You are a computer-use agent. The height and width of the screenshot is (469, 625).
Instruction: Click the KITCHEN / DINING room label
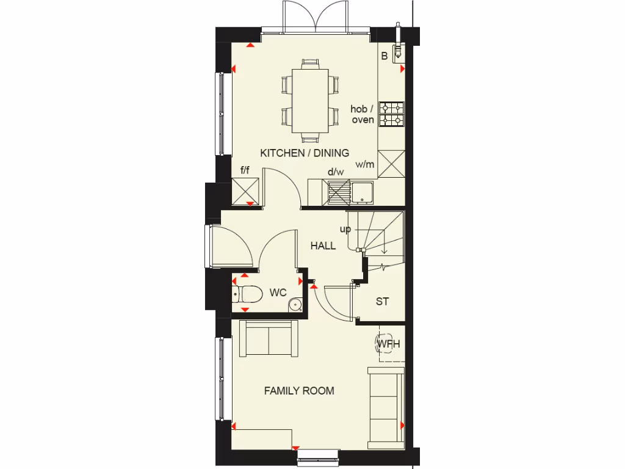[x=305, y=153]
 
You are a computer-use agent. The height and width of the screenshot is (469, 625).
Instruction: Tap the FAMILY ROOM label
[x=299, y=390]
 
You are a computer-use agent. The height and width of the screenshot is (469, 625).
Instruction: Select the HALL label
[x=323, y=245]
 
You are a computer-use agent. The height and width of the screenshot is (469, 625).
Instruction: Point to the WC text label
[x=278, y=293]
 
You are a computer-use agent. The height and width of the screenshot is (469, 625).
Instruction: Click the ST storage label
[x=383, y=302]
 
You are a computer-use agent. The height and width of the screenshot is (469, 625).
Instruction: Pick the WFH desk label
[x=388, y=344]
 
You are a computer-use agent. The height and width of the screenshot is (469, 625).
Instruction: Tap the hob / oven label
[x=363, y=114]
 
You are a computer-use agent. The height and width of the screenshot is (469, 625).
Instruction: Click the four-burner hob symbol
[x=391, y=114]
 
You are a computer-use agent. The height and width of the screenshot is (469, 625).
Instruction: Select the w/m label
[x=365, y=164]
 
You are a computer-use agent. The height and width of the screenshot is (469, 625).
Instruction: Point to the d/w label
[x=336, y=172]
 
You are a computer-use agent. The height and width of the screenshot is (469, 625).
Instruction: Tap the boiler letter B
[x=385, y=56]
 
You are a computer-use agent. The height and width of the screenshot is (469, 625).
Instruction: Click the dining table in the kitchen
[x=310, y=100]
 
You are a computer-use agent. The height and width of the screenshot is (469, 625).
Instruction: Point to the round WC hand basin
[x=296, y=304]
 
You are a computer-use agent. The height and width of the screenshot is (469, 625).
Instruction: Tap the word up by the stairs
[x=345, y=230]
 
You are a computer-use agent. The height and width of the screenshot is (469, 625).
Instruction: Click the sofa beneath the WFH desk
[x=386, y=406]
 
